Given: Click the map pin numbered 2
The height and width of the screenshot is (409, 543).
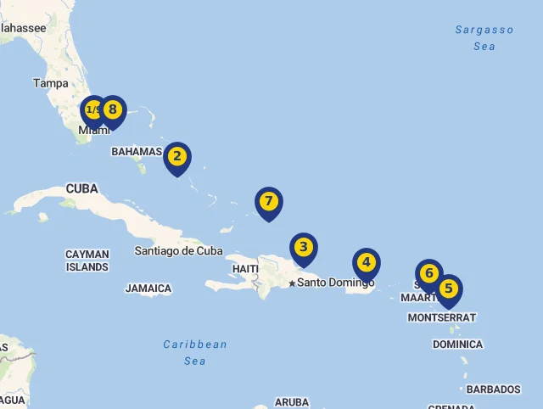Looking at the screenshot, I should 176,156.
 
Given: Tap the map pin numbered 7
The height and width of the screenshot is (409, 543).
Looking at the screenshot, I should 268,202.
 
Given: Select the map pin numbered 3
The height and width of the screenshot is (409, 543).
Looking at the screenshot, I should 303,248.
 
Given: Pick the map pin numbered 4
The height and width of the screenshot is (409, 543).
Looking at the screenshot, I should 366,263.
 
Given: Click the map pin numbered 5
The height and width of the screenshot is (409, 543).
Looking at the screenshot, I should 448,289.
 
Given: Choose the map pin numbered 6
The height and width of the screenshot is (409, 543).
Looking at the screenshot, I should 429,273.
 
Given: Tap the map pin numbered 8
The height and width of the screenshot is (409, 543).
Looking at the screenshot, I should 112,109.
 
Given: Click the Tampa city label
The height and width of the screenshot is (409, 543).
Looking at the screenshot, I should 51,83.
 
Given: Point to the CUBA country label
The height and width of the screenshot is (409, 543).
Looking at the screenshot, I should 82,188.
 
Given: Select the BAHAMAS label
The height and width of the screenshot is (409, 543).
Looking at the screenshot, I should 136,152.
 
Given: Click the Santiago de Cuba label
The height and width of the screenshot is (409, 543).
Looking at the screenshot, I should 179,250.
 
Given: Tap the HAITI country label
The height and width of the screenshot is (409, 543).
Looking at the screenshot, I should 245,269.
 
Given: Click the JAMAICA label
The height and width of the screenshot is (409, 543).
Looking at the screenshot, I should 148,289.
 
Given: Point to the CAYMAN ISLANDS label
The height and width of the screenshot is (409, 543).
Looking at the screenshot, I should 87,261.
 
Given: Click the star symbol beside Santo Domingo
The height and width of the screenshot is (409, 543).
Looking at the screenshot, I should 292,283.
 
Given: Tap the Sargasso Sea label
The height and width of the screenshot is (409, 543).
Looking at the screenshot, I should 484,38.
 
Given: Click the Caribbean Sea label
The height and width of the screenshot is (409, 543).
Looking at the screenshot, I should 195,352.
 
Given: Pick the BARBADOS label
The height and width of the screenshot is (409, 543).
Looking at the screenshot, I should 493,389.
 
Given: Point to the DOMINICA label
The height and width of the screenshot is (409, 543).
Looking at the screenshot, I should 457,345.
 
